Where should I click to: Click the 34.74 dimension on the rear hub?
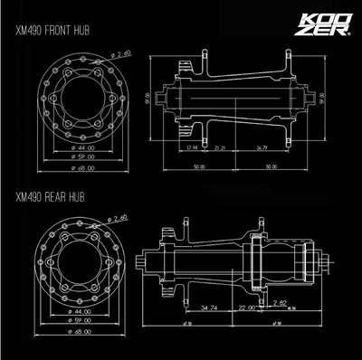pos(210,308)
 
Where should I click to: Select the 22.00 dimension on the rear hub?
pos(245,308)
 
